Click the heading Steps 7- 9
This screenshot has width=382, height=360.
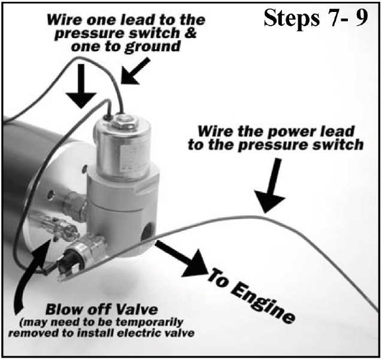[x=316, y=19]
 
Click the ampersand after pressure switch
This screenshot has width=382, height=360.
[x=191, y=33]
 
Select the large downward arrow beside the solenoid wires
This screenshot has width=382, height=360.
[x=81, y=86]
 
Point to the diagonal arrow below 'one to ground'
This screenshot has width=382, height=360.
[x=135, y=71]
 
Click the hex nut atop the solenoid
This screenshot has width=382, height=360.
[x=123, y=121]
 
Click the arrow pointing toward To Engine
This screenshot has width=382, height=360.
[x=181, y=259]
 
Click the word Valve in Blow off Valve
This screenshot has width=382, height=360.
[x=136, y=310]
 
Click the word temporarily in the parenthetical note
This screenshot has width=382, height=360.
[x=149, y=323]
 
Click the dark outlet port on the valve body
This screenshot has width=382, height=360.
[x=147, y=231]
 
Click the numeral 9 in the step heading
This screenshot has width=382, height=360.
[x=361, y=18]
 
